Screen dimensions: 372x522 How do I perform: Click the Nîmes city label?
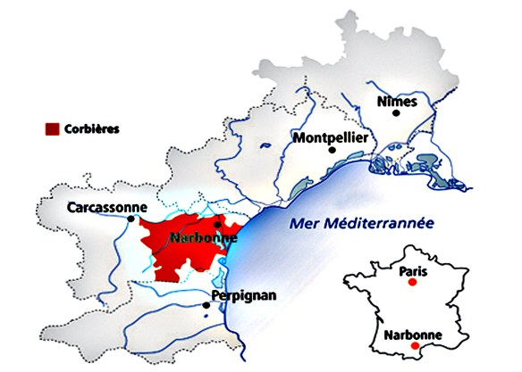[398, 103]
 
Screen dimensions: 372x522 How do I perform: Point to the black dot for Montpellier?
[332, 151]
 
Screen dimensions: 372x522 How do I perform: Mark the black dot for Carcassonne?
[131, 219]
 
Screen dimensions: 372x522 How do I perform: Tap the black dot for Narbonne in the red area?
[217, 225]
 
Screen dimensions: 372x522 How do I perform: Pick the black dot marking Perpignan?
[207, 305]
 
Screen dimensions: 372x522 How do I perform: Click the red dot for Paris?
[412, 282]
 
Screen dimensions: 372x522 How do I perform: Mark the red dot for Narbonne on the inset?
[414, 346]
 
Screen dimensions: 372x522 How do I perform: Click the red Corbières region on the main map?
[179, 254]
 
